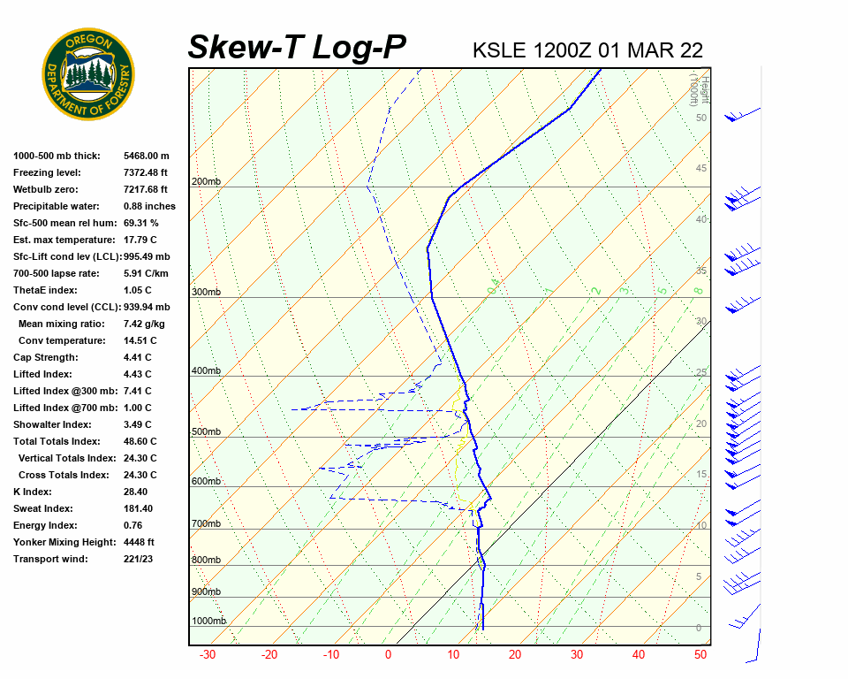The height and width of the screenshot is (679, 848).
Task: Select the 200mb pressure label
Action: (x=206, y=182)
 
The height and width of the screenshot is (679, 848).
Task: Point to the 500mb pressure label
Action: (x=206, y=432)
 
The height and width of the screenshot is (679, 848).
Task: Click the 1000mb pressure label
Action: (x=208, y=622)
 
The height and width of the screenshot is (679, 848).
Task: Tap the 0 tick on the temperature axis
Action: (x=388, y=655)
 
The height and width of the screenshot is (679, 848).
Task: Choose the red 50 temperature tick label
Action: (x=700, y=655)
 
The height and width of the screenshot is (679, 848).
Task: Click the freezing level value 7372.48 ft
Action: (x=146, y=172)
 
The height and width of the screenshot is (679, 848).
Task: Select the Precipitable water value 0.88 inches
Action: (x=149, y=206)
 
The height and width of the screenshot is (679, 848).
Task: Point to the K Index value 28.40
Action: (x=135, y=492)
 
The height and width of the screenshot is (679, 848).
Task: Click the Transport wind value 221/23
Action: (x=138, y=559)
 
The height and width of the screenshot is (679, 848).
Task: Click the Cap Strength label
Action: (x=46, y=357)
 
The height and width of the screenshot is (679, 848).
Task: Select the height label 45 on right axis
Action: (x=701, y=169)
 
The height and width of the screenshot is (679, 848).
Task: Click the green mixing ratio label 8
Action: (x=698, y=290)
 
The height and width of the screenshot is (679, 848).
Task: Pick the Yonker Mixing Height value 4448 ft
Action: (x=139, y=542)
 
